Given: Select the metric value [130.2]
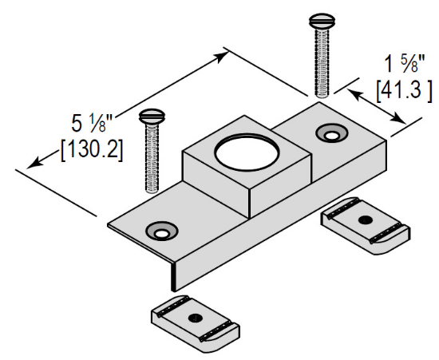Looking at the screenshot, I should pyautogui.click(x=92, y=149).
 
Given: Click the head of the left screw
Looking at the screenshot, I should pyautogui.click(x=150, y=117).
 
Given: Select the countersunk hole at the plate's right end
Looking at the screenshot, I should pyautogui.click(x=330, y=132).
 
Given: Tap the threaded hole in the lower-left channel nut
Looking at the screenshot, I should pyautogui.click(x=195, y=317).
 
